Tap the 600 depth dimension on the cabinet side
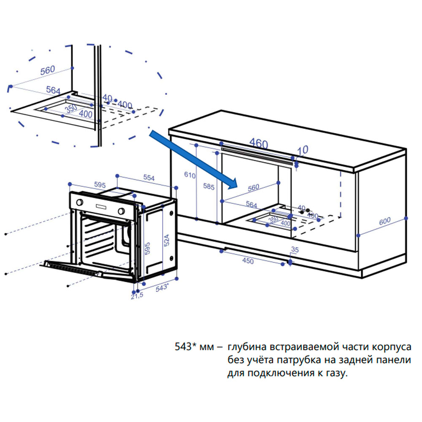[384, 221]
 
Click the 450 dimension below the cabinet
[248, 261]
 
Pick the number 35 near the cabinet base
[295, 250]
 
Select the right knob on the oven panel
[122, 211]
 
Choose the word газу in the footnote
[336, 373]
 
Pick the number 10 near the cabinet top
[303, 149]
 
